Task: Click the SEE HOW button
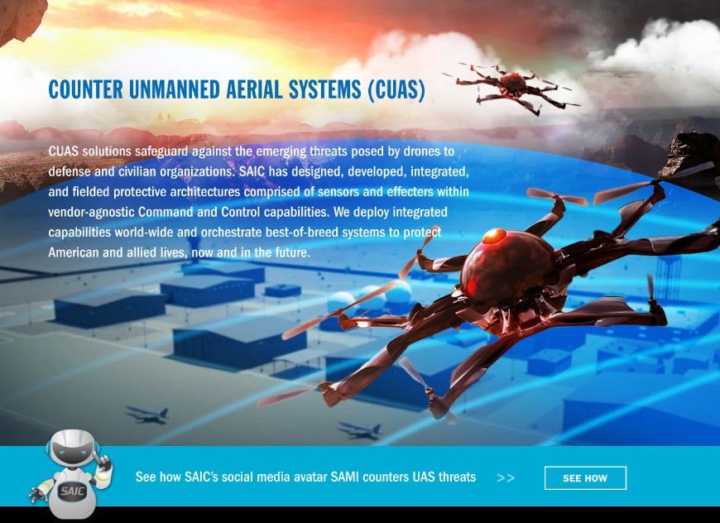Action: point(585,478)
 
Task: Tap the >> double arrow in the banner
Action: point(506,478)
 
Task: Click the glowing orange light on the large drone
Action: point(494,237)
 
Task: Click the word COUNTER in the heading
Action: point(85,90)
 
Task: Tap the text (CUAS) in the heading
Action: point(395,90)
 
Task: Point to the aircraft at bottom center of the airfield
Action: point(358,430)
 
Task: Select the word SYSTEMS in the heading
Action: point(324,90)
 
